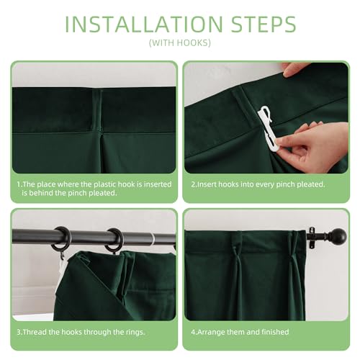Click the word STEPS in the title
tap(264, 24)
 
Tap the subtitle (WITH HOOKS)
tap(180, 43)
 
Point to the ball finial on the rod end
tap(339, 236)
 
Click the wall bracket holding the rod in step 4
tap(312, 238)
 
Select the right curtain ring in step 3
tap(114, 240)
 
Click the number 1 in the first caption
tap(19, 184)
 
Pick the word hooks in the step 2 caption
tap(230, 184)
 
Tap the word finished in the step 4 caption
tap(275, 332)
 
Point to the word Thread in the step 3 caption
tap(35, 332)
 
